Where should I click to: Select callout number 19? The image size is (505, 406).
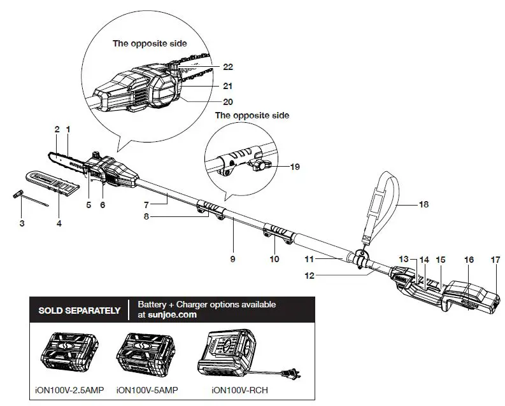pyautogui.click(x=294, y=167)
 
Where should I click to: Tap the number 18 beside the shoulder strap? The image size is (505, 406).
pyautogui.click(x=423, y=204)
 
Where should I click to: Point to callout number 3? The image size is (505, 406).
pyautogui.click(x=22, y=223)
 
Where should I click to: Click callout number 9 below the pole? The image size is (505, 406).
pyautogui.click(x=233, y=260)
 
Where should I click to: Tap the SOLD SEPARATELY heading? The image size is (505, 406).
pyautogui.click(x=80, y=311)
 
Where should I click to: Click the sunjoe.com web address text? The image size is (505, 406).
pyautogui.click(x=167, y=314)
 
